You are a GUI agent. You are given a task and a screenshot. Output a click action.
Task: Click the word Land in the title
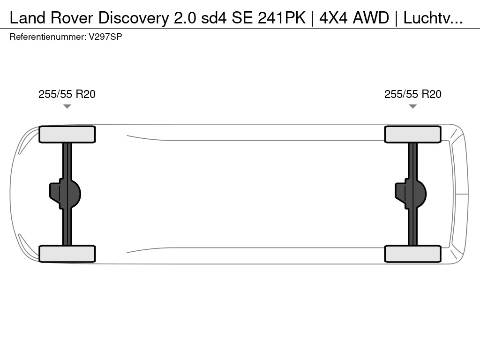pyautogui.click(x=27, y=18)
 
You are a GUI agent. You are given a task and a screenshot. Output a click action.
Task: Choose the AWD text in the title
pyautogui.click(x=371, y=18)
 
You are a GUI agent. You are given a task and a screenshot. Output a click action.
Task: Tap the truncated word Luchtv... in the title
pyautogui.click(x=433, y=18)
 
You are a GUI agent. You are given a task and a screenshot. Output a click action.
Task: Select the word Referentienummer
pyautogui.click(x=47, y=37)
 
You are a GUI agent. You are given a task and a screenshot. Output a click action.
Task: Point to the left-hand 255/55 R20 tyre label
pyautogui.click(x=67, y=94)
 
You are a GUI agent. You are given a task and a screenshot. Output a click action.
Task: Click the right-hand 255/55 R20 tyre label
pyautogui.click(x=412, y=94)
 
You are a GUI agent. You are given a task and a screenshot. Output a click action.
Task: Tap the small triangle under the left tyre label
pyautogui.click(x=67, y=106)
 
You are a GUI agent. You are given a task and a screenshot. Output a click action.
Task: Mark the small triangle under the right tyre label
pyautogui.click(x=412, y=106)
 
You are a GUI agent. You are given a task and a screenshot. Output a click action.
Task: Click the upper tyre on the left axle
pyautogui.click(x=67, y=135)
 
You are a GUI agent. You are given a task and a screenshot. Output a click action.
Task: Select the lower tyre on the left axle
pyautogui.click(x=67, y=254)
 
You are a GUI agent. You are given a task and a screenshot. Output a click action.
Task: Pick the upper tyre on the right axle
pyautogui.click(x=412, y=135)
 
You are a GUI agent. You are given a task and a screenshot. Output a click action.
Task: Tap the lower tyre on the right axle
pyautogui.click(x=412, y=254)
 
